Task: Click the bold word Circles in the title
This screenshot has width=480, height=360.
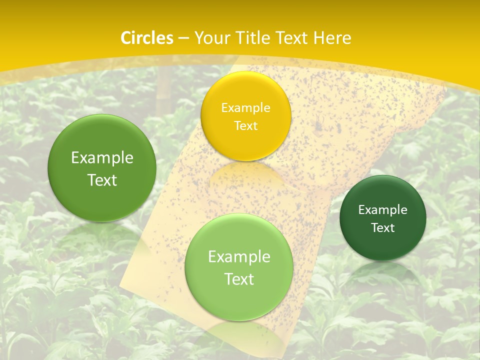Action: (146, 38)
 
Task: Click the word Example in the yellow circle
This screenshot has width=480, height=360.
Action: (246, 108)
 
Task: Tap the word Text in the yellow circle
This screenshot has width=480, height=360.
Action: (246, 126)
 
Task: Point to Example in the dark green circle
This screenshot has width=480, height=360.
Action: (383, 210)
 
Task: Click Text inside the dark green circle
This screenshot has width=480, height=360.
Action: (383, 228)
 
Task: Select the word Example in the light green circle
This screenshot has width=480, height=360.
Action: (239, 257)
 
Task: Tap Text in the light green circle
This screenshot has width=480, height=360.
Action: (239, 279)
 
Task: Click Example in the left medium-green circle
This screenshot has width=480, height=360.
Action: (102, 158)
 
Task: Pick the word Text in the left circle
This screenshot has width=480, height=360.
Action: (102, 180)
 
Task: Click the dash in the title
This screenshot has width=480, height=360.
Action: (183, 38)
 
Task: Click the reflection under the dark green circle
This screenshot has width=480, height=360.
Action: (383, 272)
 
